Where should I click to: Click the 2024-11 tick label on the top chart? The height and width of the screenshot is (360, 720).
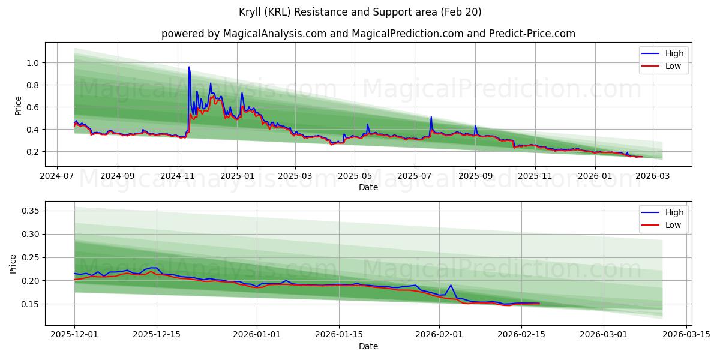coord(177,177)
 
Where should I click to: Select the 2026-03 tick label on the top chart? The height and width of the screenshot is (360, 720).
coord(652,177)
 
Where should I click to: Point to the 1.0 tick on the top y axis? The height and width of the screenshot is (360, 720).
coord(33,63)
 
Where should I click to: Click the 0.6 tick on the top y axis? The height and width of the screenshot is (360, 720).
coord(33,107)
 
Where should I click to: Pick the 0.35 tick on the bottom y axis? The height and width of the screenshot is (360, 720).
coord(30,211)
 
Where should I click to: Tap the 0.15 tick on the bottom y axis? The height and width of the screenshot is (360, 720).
coord(30,304)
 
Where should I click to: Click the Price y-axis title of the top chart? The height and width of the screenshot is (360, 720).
coord(18,106)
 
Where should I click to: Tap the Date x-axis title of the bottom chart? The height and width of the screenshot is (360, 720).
coord(368,346)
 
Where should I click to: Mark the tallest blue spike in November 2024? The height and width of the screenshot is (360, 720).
coord(189,67)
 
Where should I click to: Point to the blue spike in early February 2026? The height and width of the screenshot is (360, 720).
coord(450,285)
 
